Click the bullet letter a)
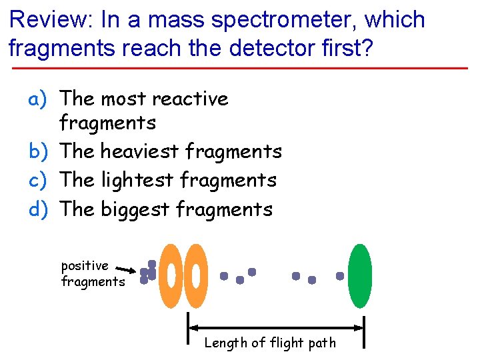pos(37,99)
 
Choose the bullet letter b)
pos(37,151)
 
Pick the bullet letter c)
pos(37,180)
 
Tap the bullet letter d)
pos(37,209)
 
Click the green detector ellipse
pos(359,275)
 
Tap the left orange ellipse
pos(171,275)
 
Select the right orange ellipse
pos(195,275)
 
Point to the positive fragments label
pos(92,273)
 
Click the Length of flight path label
pos(270,343)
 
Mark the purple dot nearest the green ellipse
pos(340,275)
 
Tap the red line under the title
pos(240,68)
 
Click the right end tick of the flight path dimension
pos(364,331)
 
